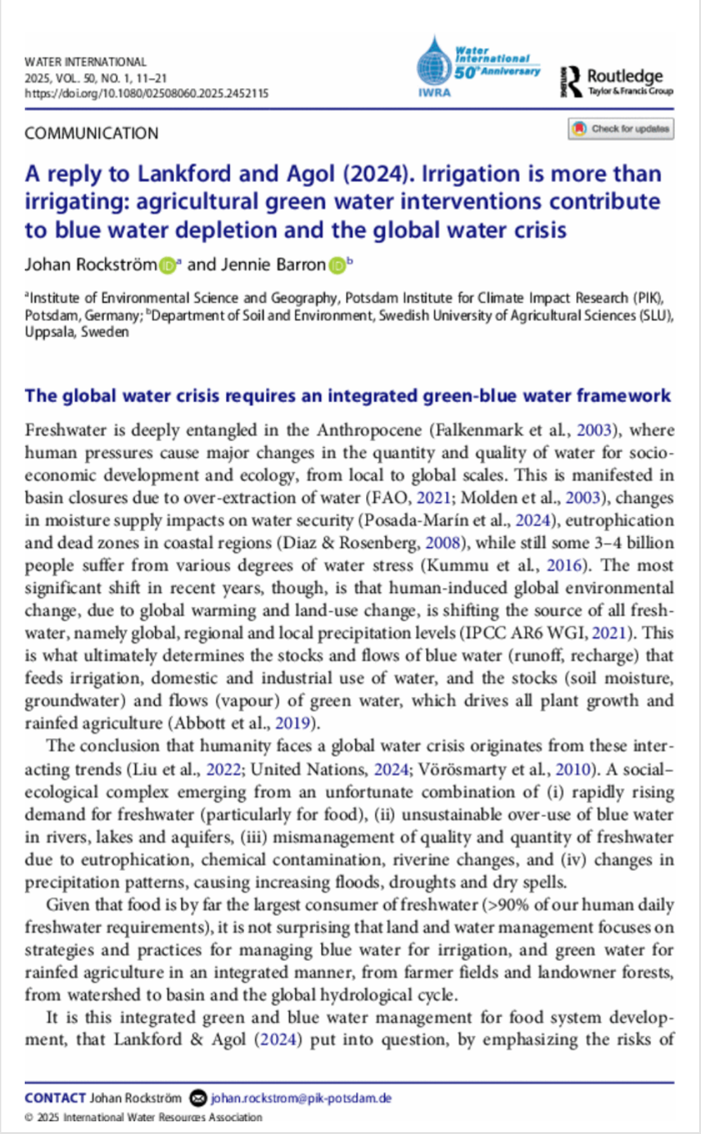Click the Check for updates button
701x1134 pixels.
[x=621, y=129]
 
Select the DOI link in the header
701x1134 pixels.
[x=147, y=93]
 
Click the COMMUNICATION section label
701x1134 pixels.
[x=91, y=133]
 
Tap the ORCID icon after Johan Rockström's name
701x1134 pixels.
[x=167, y=265]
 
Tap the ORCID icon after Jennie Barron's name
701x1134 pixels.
[x=337, y=265]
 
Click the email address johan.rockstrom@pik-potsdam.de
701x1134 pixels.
[x=301, y=1098]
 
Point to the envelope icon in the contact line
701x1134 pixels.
[x=199, y=1098]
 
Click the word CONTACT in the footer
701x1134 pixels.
[x=55, y=1098]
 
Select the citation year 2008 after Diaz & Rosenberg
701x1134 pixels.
[x=442, y=543]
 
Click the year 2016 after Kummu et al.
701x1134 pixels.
[x=564, y=565]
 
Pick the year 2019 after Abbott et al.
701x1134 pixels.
[x=293, y=723]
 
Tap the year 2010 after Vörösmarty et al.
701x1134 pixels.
[x=573, y=769]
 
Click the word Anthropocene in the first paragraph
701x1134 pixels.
[x=369, y=430]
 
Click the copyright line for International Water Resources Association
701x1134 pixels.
[x=143, y=1117]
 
